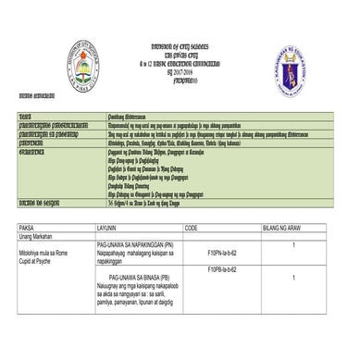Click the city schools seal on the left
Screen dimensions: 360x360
click(x=82, y=65)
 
